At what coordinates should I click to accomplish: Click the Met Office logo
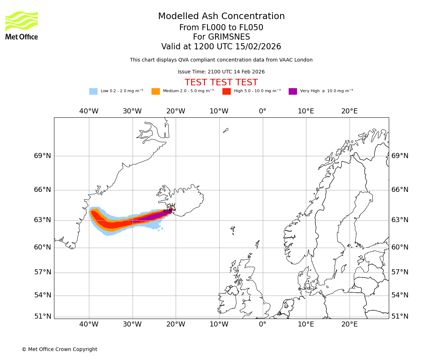click(22, 25)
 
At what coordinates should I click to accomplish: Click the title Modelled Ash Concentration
click(221, 16)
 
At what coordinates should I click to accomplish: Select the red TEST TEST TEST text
click(221, 82)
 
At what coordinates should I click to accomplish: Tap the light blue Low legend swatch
click(93, 91)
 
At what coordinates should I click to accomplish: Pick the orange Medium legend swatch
click(156, 91)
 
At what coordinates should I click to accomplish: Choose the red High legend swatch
click(226, 91)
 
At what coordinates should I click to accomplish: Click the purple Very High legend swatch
click(293, 91)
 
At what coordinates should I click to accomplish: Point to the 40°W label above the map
click(89, 111)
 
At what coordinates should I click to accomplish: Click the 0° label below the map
click(262, 324)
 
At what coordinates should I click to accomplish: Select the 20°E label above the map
click(350, 111)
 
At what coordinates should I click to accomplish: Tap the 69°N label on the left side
click(42, 156)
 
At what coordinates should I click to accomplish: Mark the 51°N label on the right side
click(400, 316)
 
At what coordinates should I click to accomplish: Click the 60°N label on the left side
click(42, 247)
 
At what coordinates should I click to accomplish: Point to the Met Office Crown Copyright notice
click(59, 350)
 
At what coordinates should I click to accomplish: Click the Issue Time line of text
click(221, 72)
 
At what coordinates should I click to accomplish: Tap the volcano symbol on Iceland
click(172, 208)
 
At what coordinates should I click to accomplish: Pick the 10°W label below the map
click(219, 324)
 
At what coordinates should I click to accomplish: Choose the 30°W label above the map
click(132, 111)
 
